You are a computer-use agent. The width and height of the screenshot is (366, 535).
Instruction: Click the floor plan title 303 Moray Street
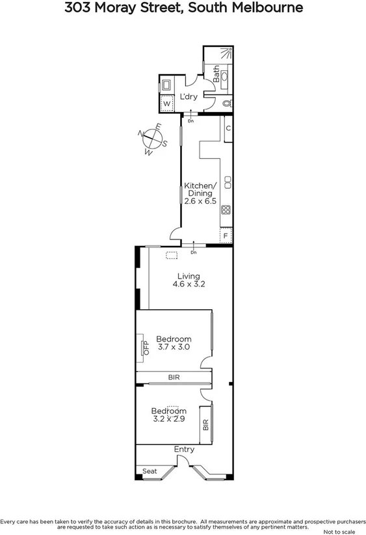[184, 8]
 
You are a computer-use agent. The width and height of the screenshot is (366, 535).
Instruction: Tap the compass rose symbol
[151, 139]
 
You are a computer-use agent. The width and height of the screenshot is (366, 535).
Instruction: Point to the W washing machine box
[166, 103]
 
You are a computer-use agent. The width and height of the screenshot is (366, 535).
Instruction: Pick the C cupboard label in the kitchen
[228, 128]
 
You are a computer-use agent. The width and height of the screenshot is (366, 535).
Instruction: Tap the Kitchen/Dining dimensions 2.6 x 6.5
[200, 201]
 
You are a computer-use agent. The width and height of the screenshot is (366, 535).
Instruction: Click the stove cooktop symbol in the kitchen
[226, 210]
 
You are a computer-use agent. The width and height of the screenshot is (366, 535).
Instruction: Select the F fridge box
[226, 236]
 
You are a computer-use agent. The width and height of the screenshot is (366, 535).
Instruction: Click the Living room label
[189, 276]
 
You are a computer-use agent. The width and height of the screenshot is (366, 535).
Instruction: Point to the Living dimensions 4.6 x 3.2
[189, 284]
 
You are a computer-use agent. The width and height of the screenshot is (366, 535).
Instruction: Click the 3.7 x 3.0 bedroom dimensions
[174, 348]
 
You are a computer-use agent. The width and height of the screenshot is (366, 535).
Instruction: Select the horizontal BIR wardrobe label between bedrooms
[174, 377]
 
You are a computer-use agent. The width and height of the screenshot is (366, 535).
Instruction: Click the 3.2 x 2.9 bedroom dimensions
[169, 419]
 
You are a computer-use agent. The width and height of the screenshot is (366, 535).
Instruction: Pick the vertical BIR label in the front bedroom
[206, 425]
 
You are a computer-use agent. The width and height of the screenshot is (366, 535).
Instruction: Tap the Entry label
[184, 450]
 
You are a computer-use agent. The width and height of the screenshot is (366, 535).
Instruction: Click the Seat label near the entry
[150, 471]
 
